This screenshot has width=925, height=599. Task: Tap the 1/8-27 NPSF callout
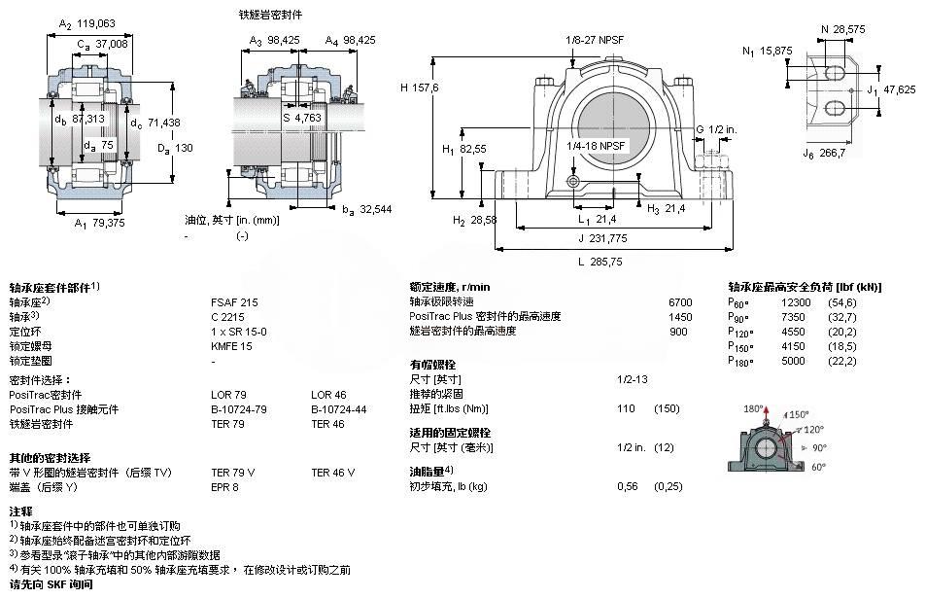(594, 40)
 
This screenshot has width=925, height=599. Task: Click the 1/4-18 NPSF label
(598, 146)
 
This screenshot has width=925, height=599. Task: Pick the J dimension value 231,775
(608, 238)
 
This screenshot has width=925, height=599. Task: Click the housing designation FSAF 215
(235, 302)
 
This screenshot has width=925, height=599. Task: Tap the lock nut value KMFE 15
(232, 345)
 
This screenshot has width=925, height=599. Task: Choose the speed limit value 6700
(680, 302)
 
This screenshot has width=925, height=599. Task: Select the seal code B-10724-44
(334, 409)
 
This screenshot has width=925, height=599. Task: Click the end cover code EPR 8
(224, 486)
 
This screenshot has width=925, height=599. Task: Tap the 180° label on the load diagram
(754, 408)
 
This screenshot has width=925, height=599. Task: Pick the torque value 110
(628, 408)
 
